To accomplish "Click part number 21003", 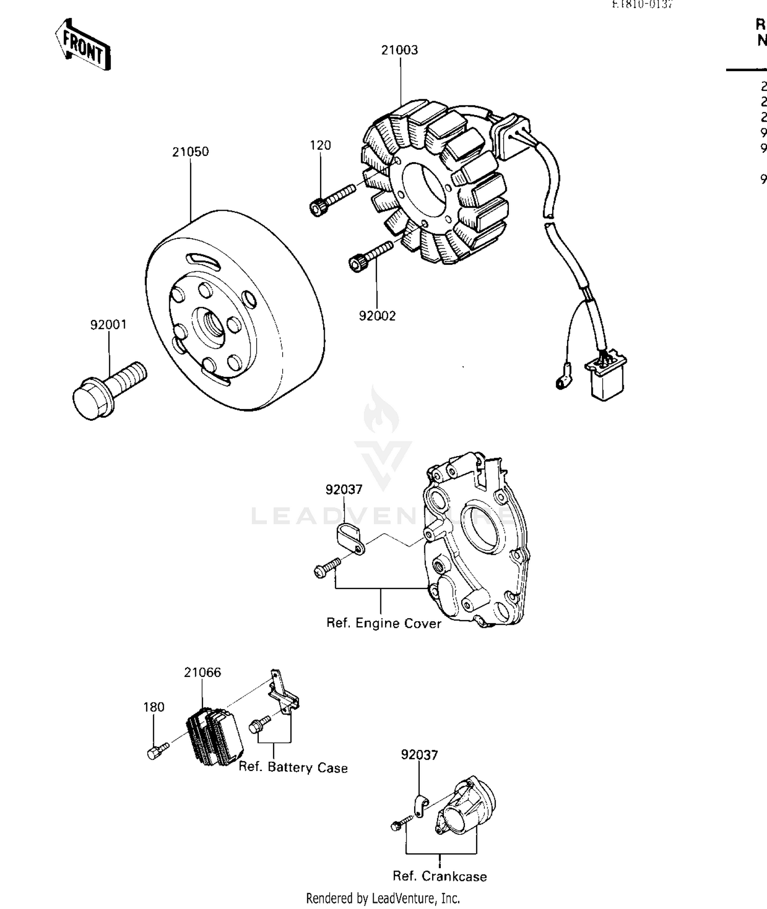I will pyautogui.click(x=399, y=50).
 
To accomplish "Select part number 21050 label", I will pyautogui.click(x=190, y=152).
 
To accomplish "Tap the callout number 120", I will pyautogui.click(x=321, y=145).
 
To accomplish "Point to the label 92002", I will pyautogui.click(x=377, y=316).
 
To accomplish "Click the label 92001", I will pyautogui.click(x=108, y=325).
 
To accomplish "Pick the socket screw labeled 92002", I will pyautogui.click(x=369, y=256).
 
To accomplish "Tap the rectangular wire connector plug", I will pyautogui.click(x=606, y=378).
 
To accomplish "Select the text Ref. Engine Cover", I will pyautogui.click(x=383, y=623).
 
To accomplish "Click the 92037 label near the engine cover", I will pyautogui.click(x=344, y=490).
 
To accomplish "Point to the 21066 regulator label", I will pyautogui.click(x=202, y=672).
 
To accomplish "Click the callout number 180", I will pyautogui.click(x=153, y=707).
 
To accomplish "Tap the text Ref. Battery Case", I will pyautogui.click(x=293, y=767).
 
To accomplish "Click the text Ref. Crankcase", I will pyautogui.click(x=440, y=876).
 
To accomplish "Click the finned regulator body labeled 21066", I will pyautogui.click(x=215, y=736).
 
